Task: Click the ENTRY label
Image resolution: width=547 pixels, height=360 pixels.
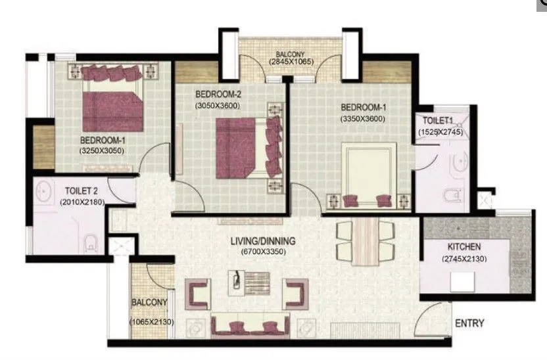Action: tap(469, 323)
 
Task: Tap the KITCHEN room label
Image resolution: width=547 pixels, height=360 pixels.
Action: tap(464, 247)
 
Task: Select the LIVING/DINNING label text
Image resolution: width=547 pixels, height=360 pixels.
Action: tap(264, 240)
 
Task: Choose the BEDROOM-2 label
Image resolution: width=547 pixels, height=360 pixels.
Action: tap(217, 94)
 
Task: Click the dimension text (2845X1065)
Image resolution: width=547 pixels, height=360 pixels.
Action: tap(291, 61)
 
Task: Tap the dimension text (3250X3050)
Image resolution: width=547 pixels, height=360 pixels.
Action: tap(102, 150)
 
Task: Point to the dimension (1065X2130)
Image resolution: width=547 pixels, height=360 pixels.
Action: tap(151, 321)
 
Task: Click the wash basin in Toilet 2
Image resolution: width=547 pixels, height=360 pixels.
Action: tap(44, 191)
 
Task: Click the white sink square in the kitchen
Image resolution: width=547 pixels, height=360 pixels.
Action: tap(462, 282)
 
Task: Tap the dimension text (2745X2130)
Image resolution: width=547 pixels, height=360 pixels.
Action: tap(464, 259)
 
